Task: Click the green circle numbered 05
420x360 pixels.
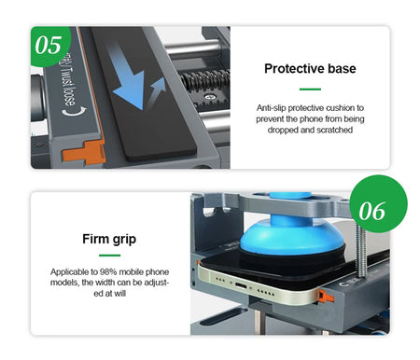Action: tap(49, 46)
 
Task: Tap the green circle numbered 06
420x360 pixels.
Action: tap(378, 204)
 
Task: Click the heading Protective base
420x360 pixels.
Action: tap(310, 68)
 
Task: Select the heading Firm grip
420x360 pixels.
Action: tap(109, 239)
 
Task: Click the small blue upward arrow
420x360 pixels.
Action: tap(157, 91)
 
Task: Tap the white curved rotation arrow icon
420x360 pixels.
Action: tap(74, 111)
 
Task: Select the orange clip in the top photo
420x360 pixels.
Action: tap(84, 152)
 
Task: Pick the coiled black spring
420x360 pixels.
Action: tap(205, 80)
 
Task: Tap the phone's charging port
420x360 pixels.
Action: tap(241, 284)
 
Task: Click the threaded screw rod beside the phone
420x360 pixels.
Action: tap(361, 252)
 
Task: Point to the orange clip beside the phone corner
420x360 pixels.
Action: tap(325, 297)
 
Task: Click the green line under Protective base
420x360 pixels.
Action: tap(310, 90)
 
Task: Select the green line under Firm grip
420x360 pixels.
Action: tap(109, 256)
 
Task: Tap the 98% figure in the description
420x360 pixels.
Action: tap(108, 272)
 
